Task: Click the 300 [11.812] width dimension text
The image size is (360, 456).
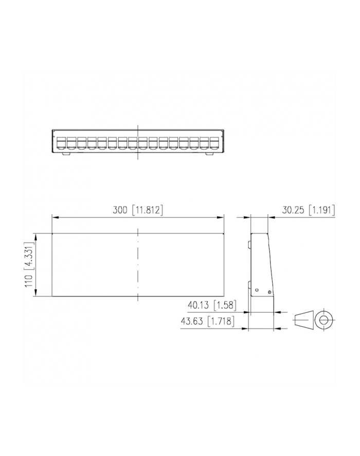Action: (138, 210)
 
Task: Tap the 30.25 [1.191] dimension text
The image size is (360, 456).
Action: (309, 210)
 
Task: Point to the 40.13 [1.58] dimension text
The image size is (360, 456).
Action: (211, 305)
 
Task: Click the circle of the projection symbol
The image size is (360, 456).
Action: (323, 320)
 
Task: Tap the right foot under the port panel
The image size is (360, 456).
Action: (209, 153)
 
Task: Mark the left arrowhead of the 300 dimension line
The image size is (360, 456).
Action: (55, 218)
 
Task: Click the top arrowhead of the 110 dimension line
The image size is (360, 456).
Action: (34, 236)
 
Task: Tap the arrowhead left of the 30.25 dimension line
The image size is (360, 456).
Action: (247, 218)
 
